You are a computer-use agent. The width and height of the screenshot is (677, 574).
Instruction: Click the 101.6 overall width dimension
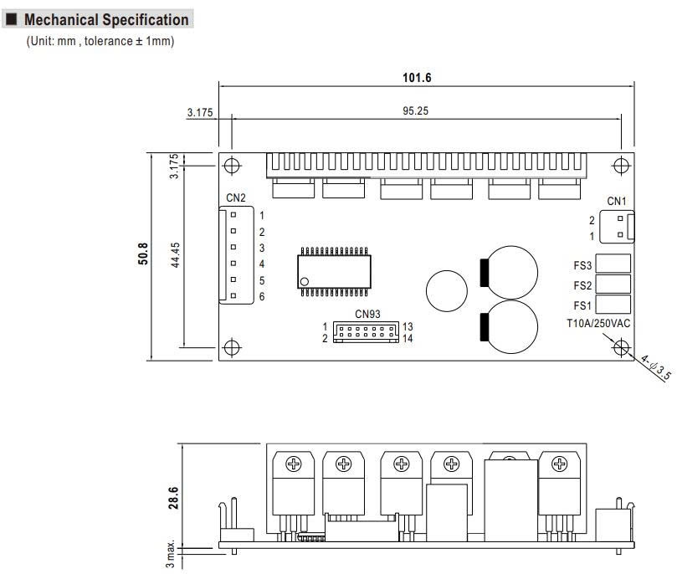417,78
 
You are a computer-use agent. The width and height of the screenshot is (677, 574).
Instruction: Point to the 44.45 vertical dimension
175,256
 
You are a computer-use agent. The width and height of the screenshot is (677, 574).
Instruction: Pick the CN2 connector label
236,198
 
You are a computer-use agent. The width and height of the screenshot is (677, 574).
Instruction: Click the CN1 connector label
617,201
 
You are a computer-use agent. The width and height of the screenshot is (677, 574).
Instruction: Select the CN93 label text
367,315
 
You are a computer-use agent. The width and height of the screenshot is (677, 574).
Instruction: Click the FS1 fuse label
582,305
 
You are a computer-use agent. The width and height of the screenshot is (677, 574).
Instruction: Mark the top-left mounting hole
233,166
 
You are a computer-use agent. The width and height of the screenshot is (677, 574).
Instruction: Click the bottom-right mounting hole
621,346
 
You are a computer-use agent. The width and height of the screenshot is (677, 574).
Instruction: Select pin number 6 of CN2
262,297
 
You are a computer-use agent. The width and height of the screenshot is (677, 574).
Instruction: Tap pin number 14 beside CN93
408,338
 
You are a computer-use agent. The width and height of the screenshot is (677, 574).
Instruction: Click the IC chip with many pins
332,271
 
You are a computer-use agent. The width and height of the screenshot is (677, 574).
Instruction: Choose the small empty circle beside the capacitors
447,290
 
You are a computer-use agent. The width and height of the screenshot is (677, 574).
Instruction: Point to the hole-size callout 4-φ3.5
656,368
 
